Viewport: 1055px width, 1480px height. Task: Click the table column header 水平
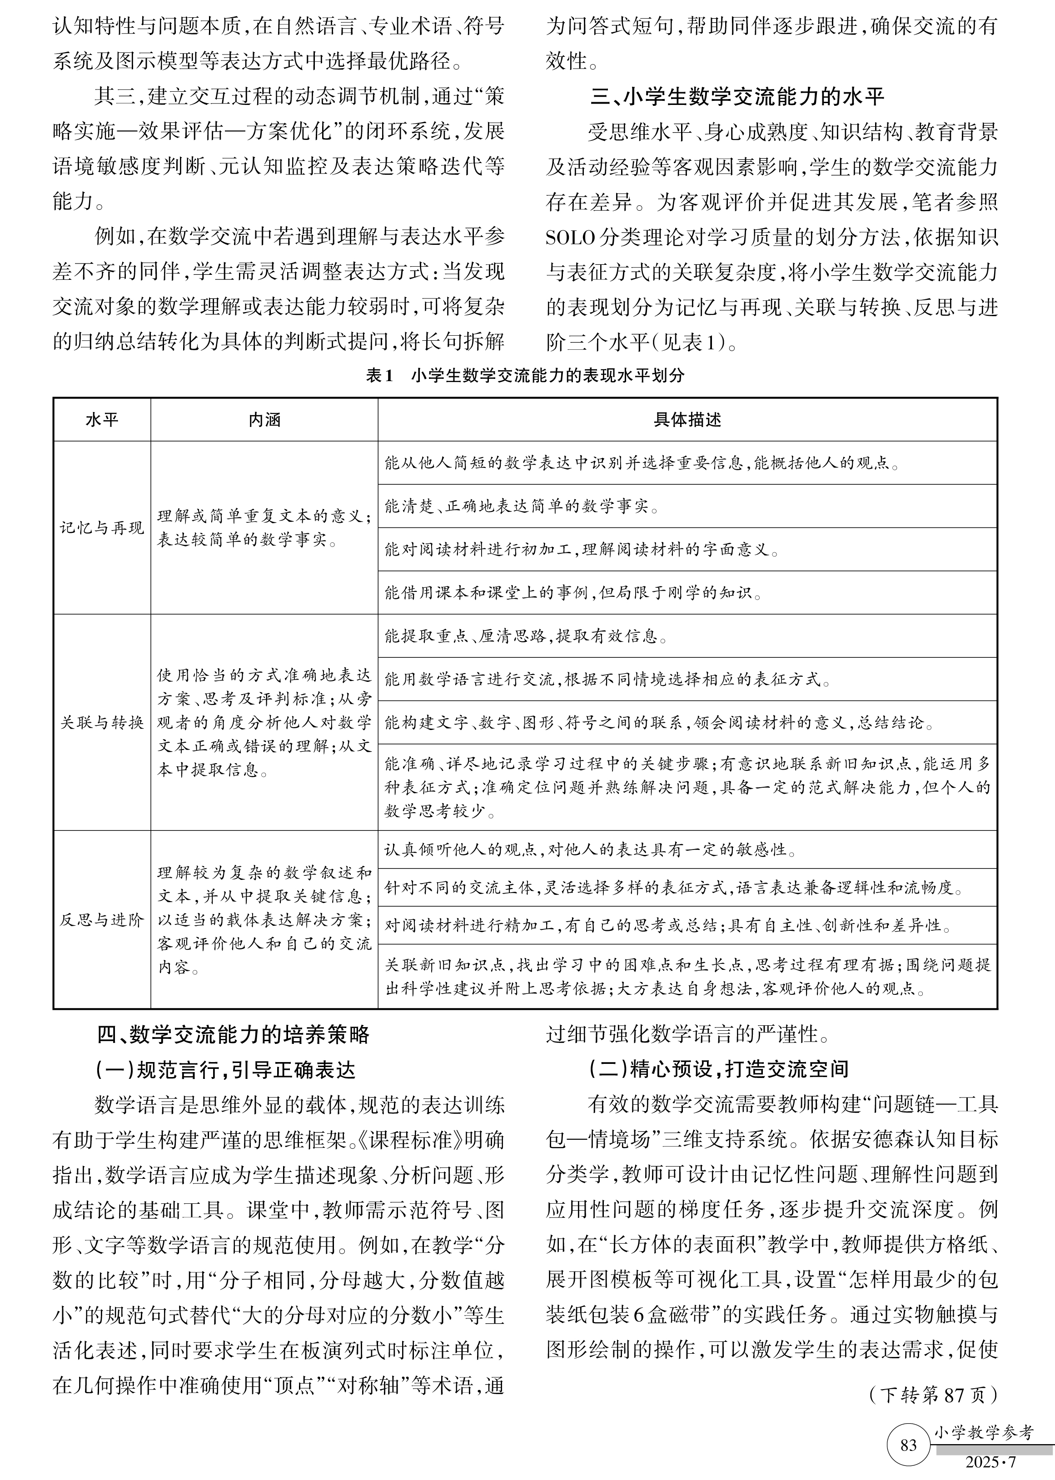[102, 420]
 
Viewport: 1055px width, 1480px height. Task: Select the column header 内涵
[264, 420]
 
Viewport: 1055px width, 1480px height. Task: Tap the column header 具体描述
[687, 420]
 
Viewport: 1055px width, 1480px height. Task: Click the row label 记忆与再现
[102, 528]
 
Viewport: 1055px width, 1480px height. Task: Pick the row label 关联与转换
[102, 722]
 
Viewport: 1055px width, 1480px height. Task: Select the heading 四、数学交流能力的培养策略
[233, 1034]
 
